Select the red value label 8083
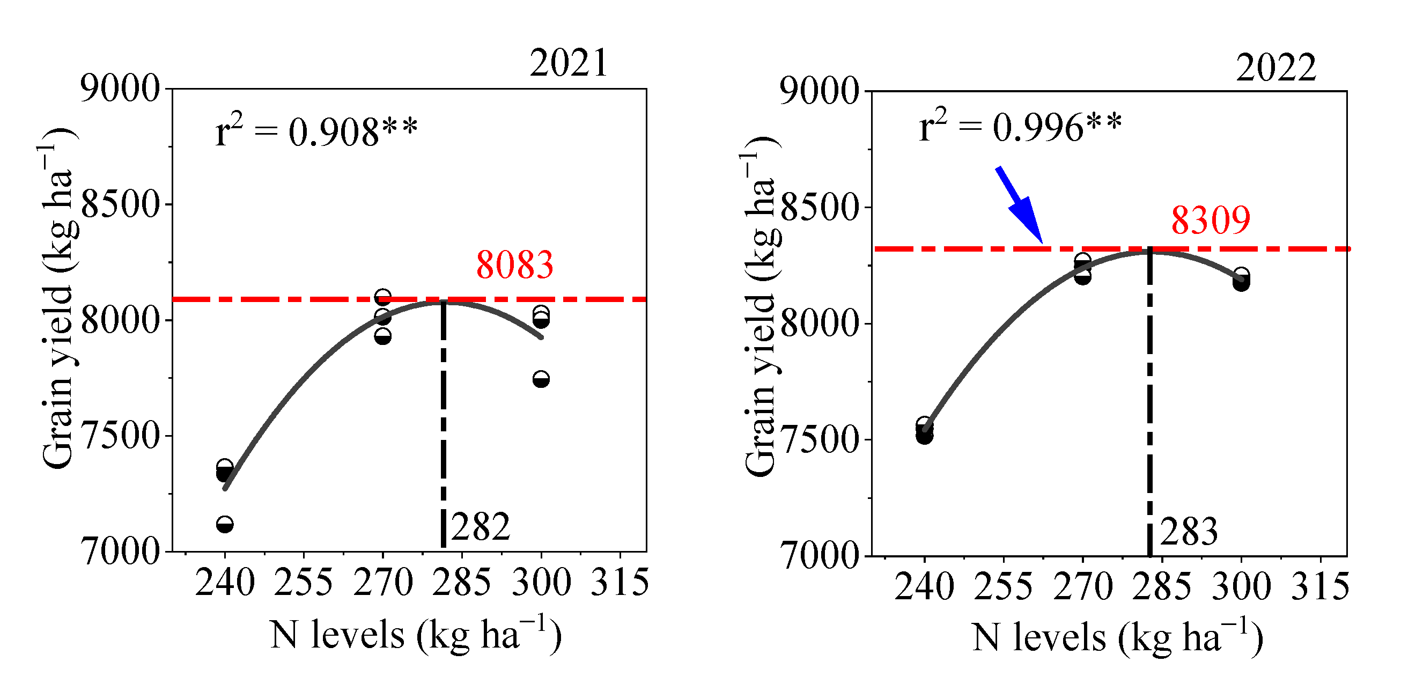(514, 265)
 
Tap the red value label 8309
(1210, 220)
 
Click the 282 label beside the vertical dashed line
(481, 527)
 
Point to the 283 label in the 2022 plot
(1189, 531)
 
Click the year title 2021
(569, 63)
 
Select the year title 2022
(1275, 68)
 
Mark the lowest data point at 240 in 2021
(225, 525)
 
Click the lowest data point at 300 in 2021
(541, 379)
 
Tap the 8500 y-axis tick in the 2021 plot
(120, 205)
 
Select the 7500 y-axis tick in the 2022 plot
(820, 439)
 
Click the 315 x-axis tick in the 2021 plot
(620, 582)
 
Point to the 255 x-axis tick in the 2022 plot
(1003, 586)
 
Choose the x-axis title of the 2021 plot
(416, 635)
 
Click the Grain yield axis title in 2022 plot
(761, 307)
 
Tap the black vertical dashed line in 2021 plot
(443, 424)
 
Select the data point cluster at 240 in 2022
(924, 430)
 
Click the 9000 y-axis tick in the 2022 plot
(820, 91)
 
